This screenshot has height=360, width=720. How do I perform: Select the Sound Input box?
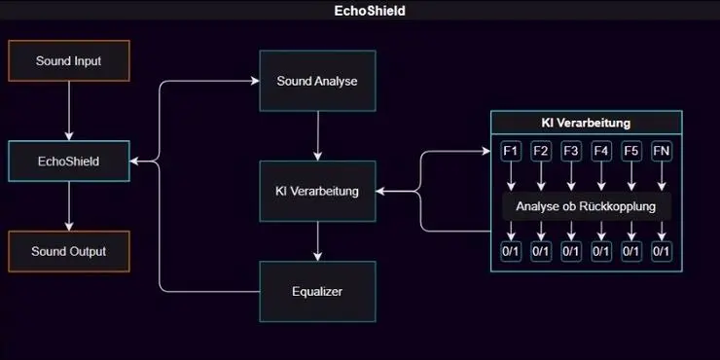68,60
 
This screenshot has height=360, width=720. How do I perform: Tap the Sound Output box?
68,251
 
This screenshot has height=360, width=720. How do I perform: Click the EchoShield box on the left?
68,161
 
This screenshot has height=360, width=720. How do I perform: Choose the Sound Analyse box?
317,80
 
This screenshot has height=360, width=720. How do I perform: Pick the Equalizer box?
317,291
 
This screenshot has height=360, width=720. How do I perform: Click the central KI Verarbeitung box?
317,191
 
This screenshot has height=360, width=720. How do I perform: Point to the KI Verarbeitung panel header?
586,124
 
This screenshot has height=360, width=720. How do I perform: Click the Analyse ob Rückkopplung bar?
586,206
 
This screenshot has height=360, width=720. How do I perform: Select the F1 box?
511,151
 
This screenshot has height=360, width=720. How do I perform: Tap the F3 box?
571,151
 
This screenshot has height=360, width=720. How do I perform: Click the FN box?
662,151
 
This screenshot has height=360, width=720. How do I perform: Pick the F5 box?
631,151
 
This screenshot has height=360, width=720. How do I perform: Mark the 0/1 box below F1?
511,251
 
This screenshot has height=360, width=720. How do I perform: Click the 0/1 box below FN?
662,251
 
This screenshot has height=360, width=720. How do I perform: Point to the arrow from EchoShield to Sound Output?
68,205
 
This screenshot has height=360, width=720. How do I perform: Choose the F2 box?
541,151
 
